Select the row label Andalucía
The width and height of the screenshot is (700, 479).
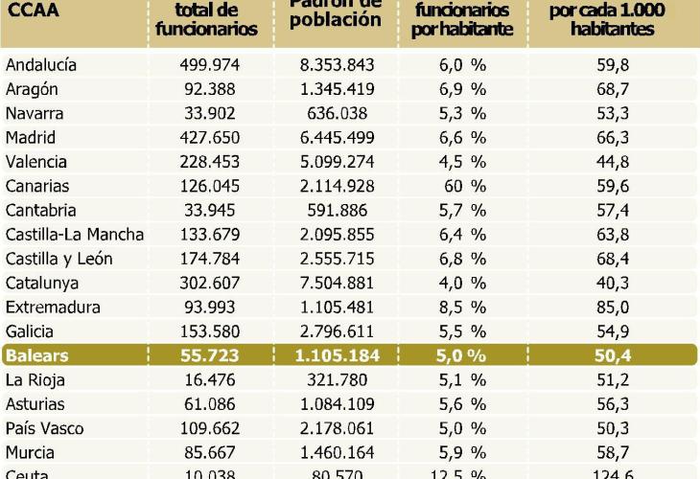point(54,65)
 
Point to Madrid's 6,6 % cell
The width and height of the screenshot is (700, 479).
point(455,137)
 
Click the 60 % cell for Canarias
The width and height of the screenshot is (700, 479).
point(455,186)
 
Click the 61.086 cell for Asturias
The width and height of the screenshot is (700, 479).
point(209,404)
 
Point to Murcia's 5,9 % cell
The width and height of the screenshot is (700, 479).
point(455,452)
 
